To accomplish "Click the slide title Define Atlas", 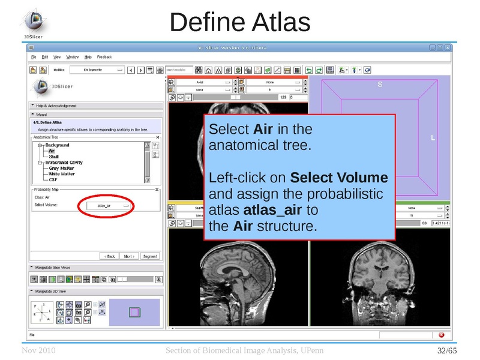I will point(239,22).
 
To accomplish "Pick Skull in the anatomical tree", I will point(54,157).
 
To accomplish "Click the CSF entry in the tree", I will point(53,179).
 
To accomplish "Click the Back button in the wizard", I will point(109,256).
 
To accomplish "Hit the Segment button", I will point(149,256).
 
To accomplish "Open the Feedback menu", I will point(104,57).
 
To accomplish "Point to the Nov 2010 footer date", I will point(38,350).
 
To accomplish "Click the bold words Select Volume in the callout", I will point(339,178).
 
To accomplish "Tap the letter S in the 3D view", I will point(379,85).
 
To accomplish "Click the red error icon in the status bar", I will point(442,334).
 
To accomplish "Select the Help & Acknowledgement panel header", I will point(56,106).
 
